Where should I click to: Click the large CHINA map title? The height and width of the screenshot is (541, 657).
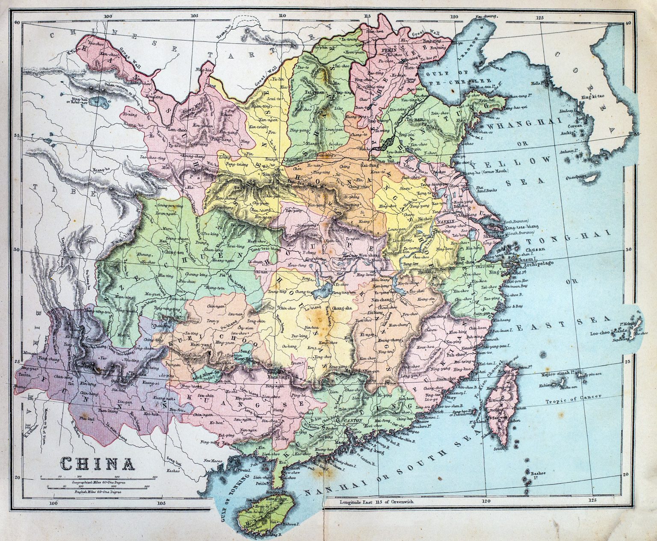[x=97, y=463]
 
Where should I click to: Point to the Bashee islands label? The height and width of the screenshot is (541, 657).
[x=537, y=474]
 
